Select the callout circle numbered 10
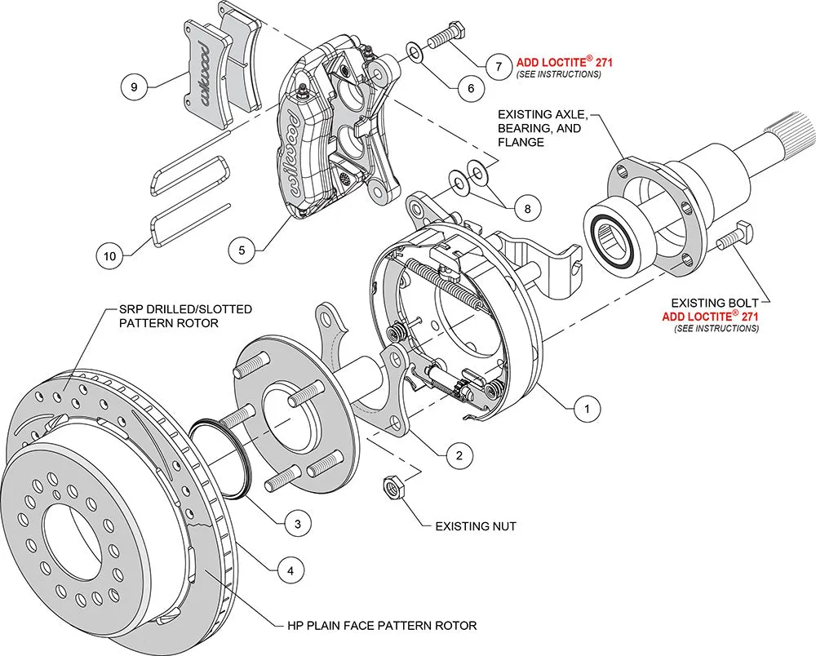pyautogui.click(x=110, y=255)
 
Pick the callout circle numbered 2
pyautogui.click(x=459, y=455)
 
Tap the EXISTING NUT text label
pyautogui.click(x=476, y=527)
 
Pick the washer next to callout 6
pyautogui.click(x=415, y=54)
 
